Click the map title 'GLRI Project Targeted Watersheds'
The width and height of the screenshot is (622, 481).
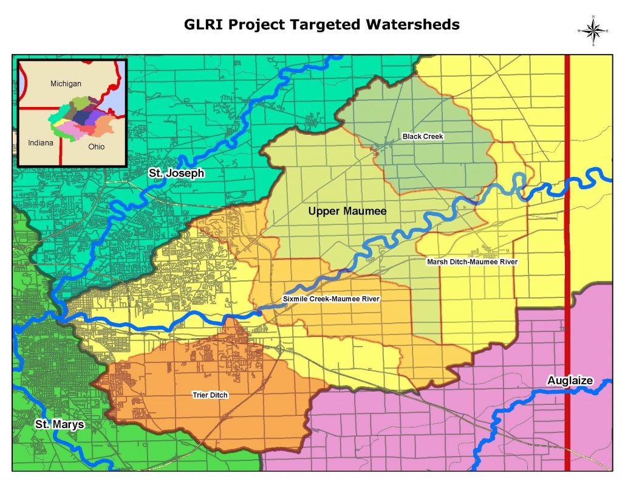tap(322, 25)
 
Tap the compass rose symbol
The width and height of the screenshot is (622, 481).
tap(595, 30)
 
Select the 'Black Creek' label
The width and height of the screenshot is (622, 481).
tap(423, 137)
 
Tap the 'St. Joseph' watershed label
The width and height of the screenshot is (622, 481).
tap(176, 174)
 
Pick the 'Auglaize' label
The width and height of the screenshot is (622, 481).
tap(569, 381)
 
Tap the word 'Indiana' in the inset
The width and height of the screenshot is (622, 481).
tap(41, 142)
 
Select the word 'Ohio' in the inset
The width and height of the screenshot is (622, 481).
tap(96, 147)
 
